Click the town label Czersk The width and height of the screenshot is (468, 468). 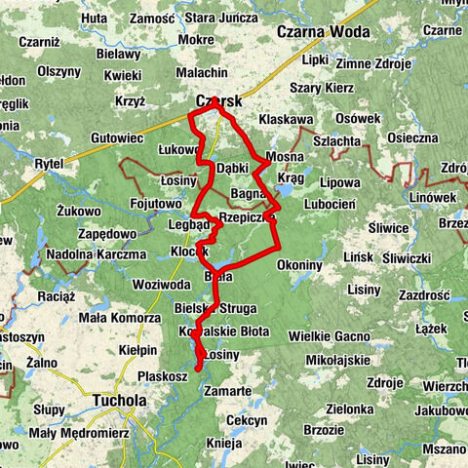217,100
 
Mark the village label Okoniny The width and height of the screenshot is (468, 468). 299,264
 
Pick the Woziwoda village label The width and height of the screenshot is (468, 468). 162,284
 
